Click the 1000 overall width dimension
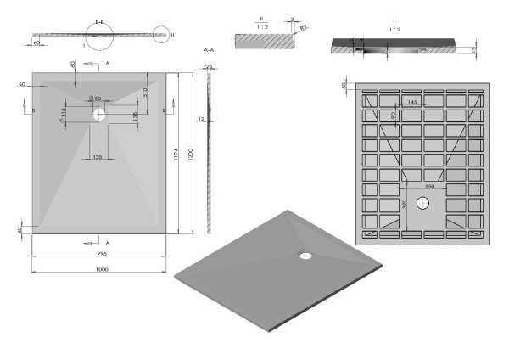click(x=101, y=269)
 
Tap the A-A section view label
click(x=209, y=50)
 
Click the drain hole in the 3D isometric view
click(x=305, y=253)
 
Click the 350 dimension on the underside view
click(x=430, y=185)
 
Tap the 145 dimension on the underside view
click(x=411, y=102)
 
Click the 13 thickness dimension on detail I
click(x=472, y=51)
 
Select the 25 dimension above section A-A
click(x=210, y=65)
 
